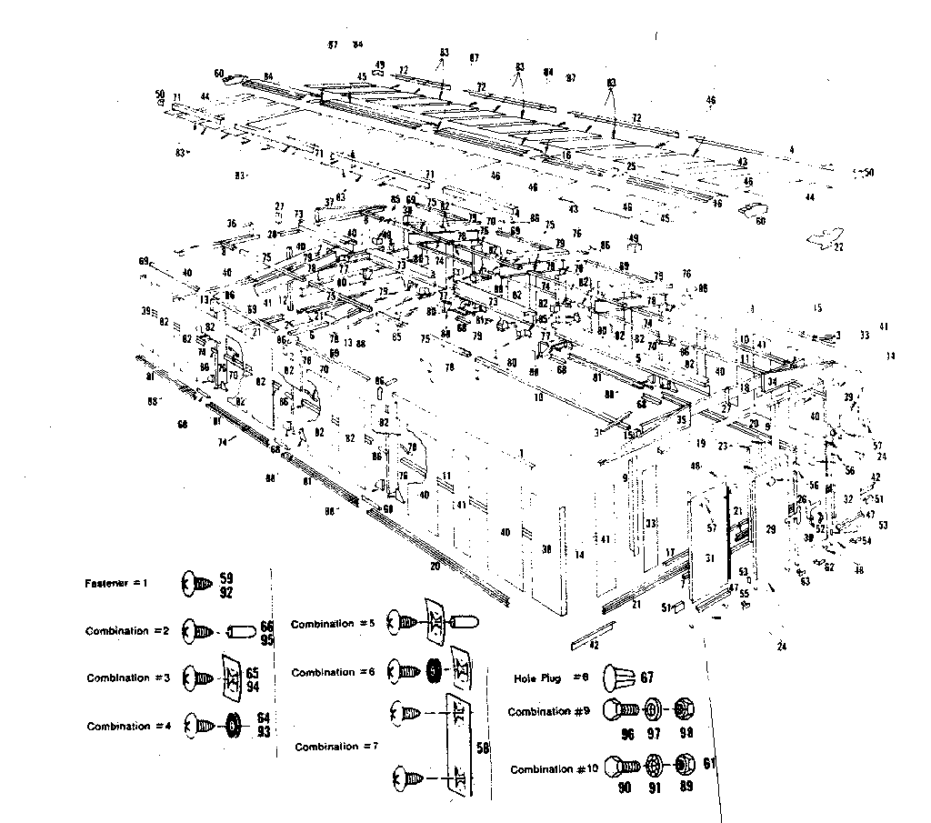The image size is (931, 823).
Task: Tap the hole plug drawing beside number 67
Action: tap(616, 677)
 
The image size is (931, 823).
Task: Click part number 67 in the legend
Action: tap(647, 677)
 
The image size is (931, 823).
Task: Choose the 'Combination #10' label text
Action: tap(555, 769)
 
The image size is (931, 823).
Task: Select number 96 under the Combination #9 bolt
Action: tap(626, 732)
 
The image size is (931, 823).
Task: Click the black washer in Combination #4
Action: tap(234, 725)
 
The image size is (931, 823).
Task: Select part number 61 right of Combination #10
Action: tap(709, 763)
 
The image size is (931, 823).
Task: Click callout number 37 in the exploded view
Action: tap(329, 202)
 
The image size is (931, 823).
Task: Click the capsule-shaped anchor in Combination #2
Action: tap(241, 630)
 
